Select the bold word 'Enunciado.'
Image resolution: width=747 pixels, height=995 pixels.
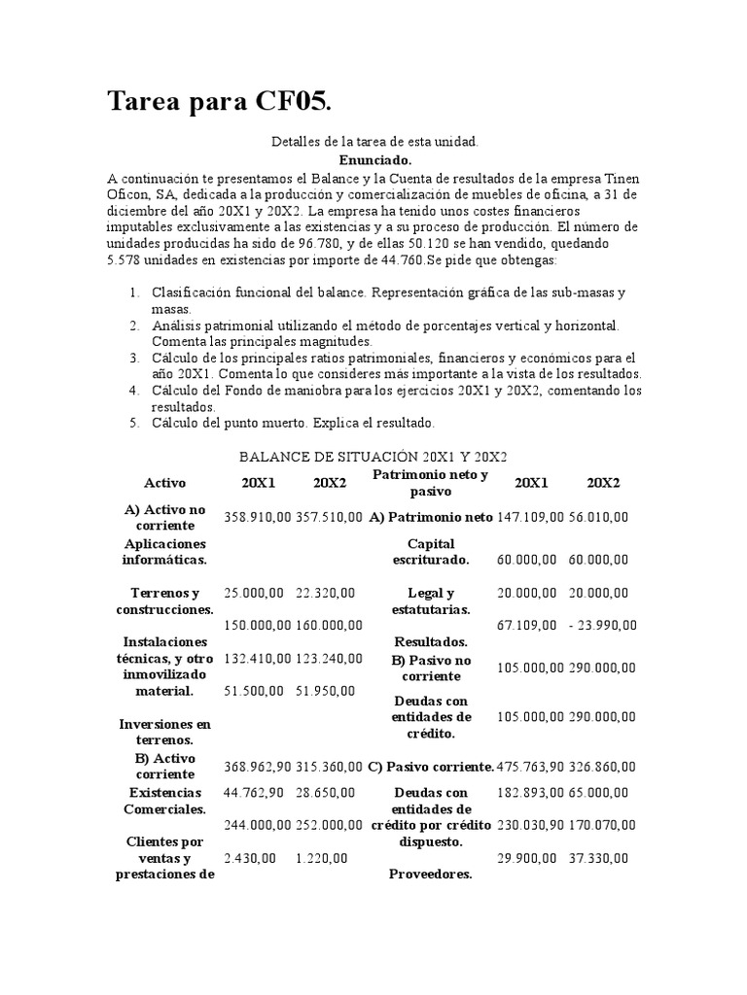pyautogui.click(x=374, y=159)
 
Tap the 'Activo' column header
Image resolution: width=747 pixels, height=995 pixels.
pyautogui.click(x=164, y=483)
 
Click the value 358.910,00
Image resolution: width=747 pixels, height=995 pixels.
pyautogui.click(x=257, y=518)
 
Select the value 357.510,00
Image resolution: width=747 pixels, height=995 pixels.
pyautogui.click(x=330, y=518)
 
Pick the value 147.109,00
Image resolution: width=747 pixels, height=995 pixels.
pyautogui.click(x=530, y=518)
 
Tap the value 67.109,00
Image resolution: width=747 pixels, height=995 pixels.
pyautogui.click(x=526, y=623)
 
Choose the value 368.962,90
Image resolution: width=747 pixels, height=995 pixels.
pyautogui.click(x=257, y=767)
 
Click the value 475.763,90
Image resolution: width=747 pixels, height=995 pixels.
pyautogui.click(x=531, y=767)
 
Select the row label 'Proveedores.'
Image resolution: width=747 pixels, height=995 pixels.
pyautogui.click(x=430, y=874)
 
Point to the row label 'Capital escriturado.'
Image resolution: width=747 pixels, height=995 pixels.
pyautogui.click(x=430, y=552)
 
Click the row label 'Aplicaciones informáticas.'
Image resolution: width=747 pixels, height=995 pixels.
pyautogui.click(x=164, y=552)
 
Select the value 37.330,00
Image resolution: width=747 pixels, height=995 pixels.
pyautogui.click(x=599, y=858)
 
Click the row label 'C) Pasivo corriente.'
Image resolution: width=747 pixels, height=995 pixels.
pyautogui.click(x=431, y=767)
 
